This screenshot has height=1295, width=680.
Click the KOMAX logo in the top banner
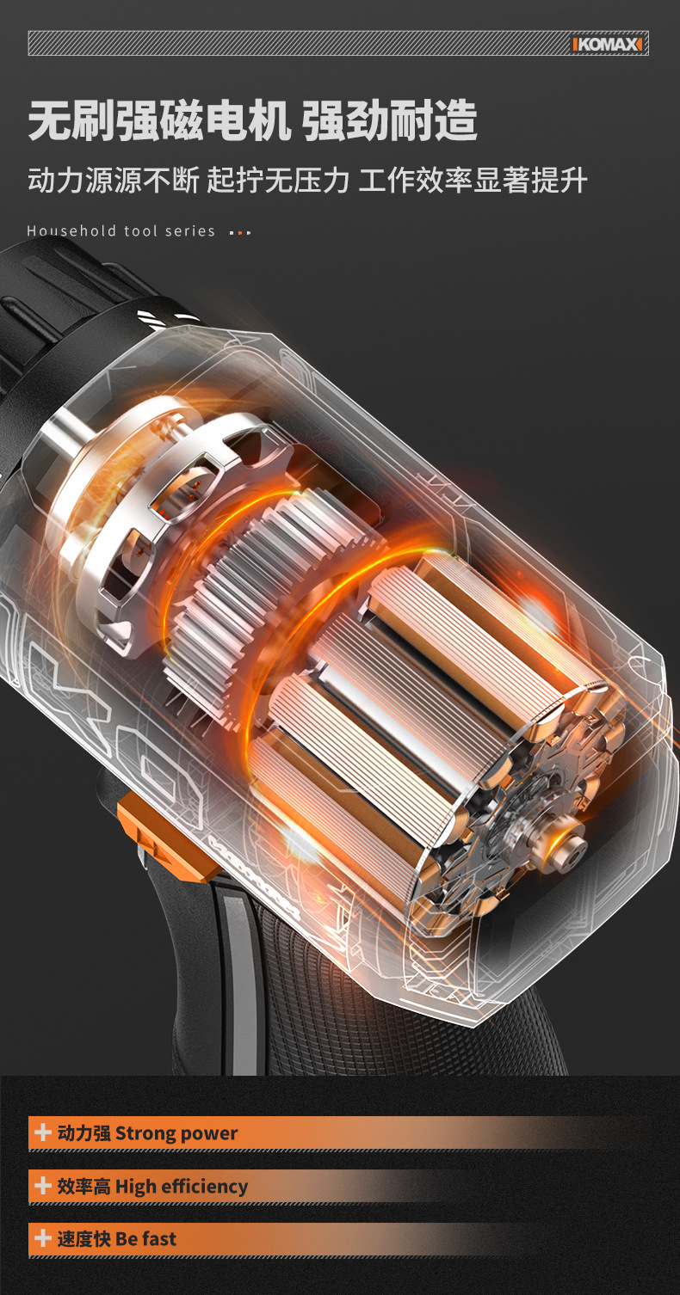(607, 45)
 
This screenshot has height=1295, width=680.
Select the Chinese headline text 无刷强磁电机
(159, 121)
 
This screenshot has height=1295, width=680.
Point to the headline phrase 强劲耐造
(389, 121)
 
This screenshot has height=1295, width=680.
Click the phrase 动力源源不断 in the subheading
(114, 180)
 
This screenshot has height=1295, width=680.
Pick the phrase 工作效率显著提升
(473, 180)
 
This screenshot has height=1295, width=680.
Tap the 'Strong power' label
(176, 1133)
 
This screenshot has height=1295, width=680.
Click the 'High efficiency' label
(181, 1187)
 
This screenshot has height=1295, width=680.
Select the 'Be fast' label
(145, 1239)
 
